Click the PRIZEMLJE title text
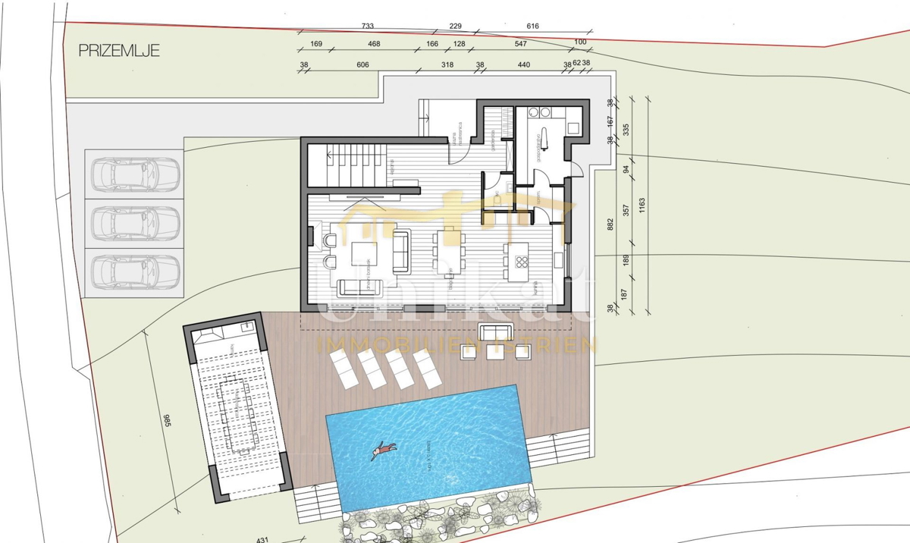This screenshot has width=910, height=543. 119,51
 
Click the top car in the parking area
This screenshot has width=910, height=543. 134,174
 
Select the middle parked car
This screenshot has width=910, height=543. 134,223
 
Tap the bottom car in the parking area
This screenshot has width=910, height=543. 134,271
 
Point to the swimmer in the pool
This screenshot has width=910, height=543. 384,450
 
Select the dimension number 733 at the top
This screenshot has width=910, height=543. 368,27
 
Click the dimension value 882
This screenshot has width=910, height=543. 611,224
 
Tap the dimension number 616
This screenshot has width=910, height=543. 532,27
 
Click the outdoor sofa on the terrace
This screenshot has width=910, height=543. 497,332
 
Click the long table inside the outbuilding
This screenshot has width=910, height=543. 235,413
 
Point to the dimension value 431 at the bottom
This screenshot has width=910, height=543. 263,540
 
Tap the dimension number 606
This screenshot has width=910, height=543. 362,65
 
